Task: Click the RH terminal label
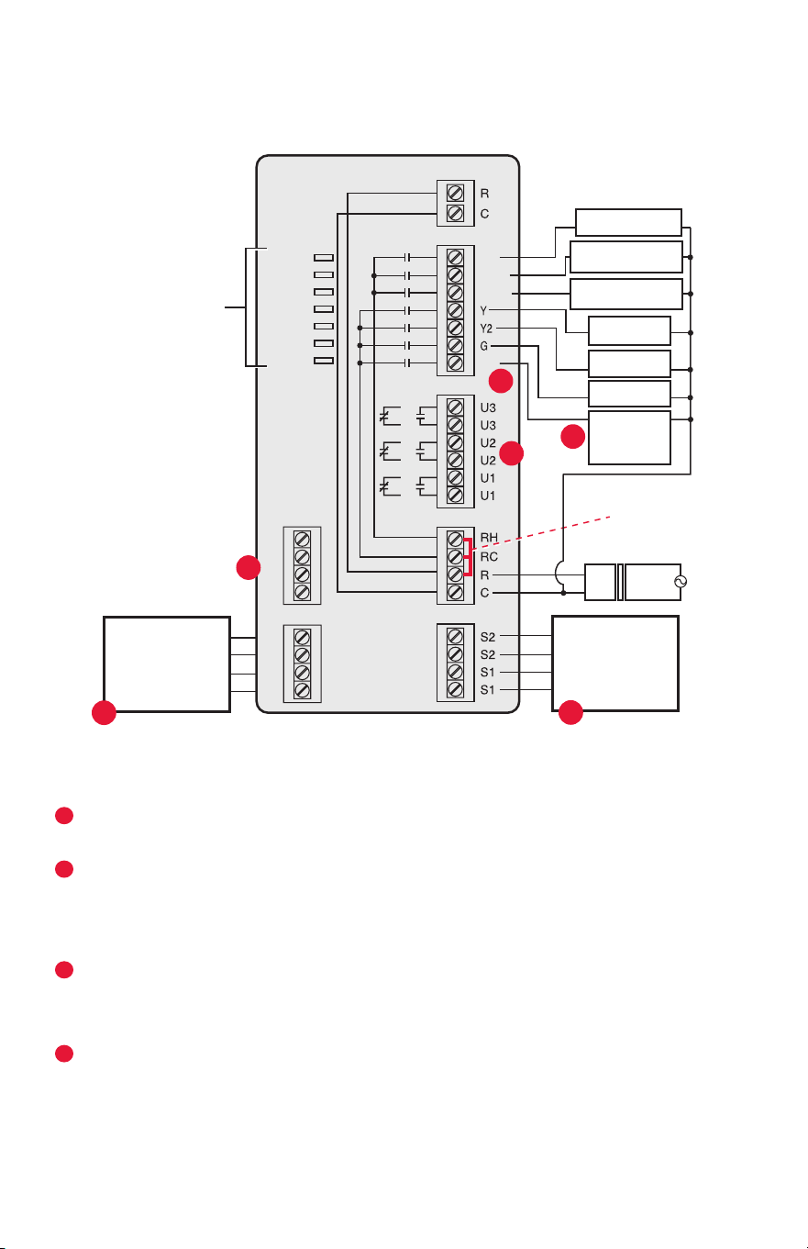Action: pyautogui.click(x=489, y=538)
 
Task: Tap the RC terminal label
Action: pyautogui.click(x=489, y=556)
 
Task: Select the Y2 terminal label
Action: pyautogui.click(x=486, y=329)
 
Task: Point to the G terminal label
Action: pyautogui.click(x=483, y=346)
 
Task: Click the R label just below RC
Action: pyautogui.click(x=484, y=574)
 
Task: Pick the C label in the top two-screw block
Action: pyautogui.click(x=484, y=214)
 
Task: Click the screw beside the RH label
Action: pyautogui.click(x=455, y=540)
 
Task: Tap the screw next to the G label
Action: pyautogui.click(x=455, y=345)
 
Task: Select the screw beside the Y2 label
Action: pyautogui.click(x=455, y=328)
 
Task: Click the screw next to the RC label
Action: pyautogui.click(x=455, y=556)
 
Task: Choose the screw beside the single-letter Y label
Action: pyautogui.click(x=455, y=309)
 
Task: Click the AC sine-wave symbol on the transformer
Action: pyautogui.click(x=681, y=582)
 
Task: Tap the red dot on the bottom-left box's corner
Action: pyautogui.click(x=104, y=712)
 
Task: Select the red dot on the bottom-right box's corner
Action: pyautogui.click(x=570, y=712)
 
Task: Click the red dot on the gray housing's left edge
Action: pyautogui.click(x=249, y=568)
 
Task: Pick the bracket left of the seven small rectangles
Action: pyautogui.click(x=246, y=307)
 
